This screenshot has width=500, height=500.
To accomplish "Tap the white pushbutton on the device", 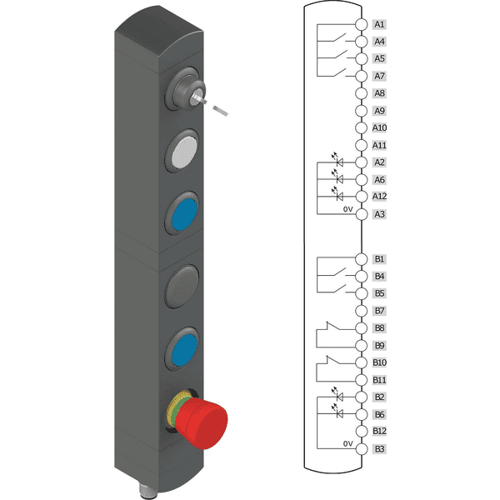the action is (x=183, y=151).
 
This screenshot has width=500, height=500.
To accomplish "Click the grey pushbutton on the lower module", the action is (x=182, y=286).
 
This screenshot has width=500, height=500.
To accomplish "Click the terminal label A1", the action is (x=379, y=24).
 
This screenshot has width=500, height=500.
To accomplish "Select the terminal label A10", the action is (x=379, y=127).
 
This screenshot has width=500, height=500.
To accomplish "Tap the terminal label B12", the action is (x=379, y=431).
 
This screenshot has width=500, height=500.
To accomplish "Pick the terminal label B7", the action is (x=379, y=311).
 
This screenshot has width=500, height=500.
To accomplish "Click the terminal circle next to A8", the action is (x=362, y=93).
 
